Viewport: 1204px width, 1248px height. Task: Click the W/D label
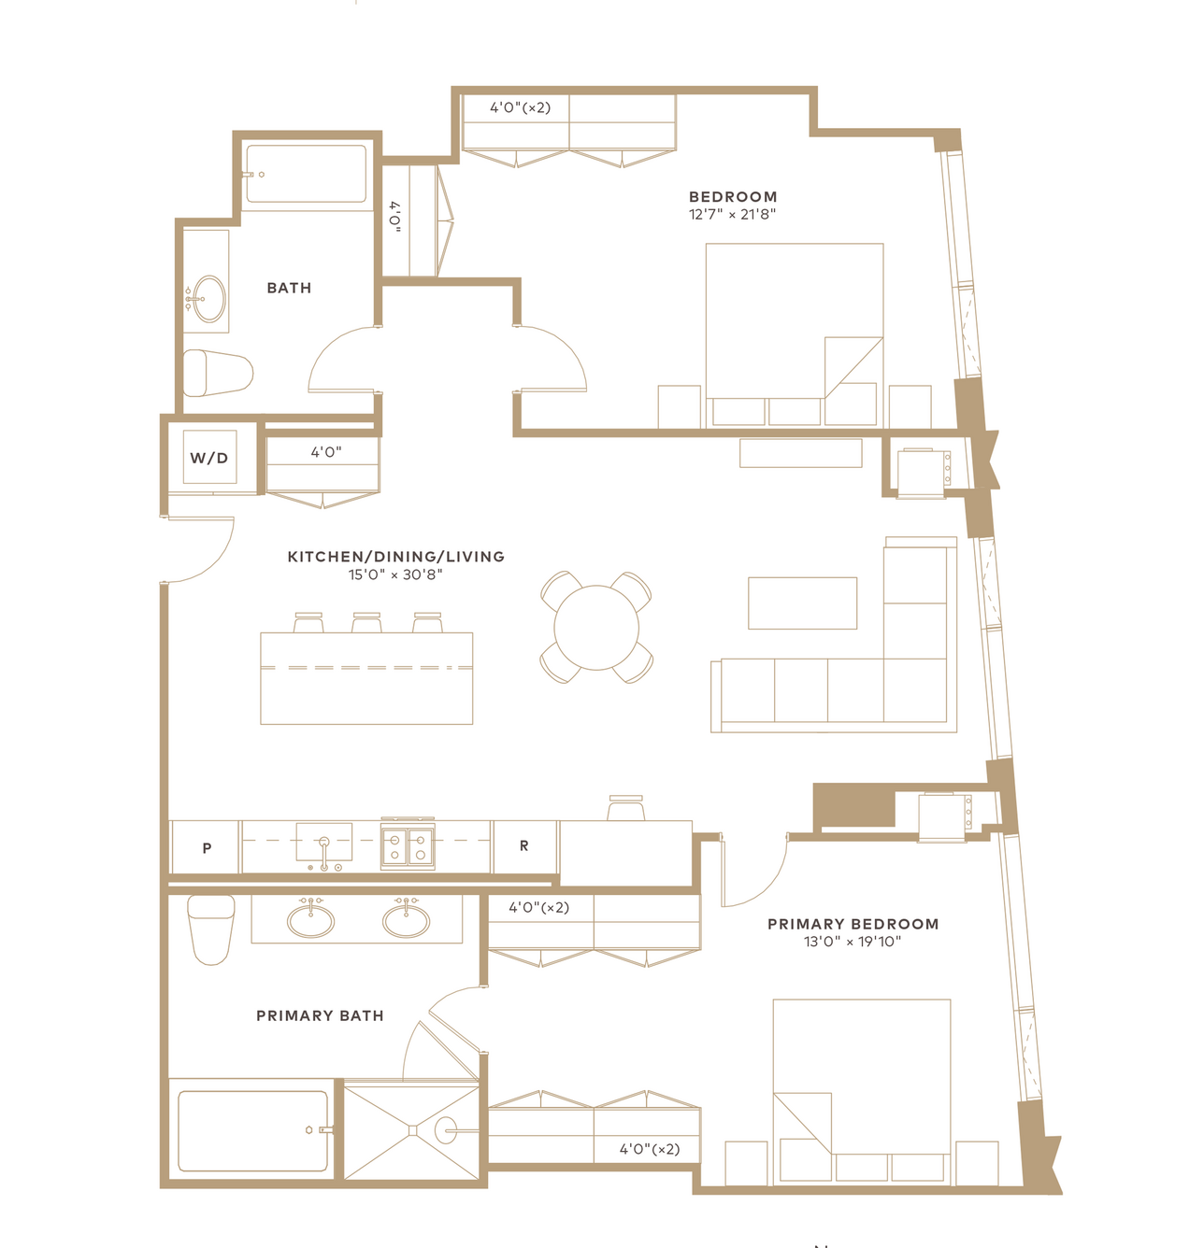tap(208, 458)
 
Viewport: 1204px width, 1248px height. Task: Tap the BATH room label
tap(289, 288)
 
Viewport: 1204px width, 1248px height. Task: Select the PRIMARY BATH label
tap(320, 1015)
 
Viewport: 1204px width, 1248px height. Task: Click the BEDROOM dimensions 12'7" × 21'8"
tap(732, 214)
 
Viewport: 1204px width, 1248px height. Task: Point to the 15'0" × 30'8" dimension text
tap(395, 574)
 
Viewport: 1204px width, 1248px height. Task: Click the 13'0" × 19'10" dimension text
tap(853, 942)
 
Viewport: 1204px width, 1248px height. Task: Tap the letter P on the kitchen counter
tap(207, 848)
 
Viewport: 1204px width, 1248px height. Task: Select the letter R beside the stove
tap(523, 846)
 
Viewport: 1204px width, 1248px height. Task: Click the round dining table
tap(596, 627)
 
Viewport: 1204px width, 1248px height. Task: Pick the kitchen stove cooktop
tap(408, 845)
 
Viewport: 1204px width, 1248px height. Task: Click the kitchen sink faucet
tap(324, 853)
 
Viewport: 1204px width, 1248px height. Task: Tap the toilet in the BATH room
tap(218, 374)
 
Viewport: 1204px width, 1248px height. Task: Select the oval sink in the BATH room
tap(209, 299)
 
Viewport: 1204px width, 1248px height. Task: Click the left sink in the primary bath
tap(310, 920)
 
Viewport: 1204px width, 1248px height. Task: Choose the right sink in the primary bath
tap(407, 920)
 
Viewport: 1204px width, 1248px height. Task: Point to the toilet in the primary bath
tap(210, 930)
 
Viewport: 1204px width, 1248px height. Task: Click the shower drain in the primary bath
tap(412, 1130)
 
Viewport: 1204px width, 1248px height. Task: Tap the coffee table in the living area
tap(802, 603)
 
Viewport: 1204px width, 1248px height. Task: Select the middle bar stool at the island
tap(366, 622)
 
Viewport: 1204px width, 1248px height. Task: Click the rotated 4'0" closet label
tap(394, 217)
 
